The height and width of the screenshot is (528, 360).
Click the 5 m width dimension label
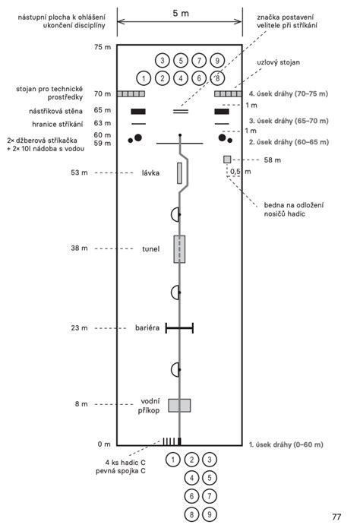tap(181, 14)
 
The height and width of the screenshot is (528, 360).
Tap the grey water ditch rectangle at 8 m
tap(179, 406)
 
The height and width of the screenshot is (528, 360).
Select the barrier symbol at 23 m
tap(179, 328)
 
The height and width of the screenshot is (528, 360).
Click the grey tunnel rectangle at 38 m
tap(179, 249)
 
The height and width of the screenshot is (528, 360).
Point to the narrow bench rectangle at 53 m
tap(179, 173)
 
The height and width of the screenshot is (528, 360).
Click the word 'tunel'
tap(151, 249)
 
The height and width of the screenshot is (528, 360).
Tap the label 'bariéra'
tap(147, 327)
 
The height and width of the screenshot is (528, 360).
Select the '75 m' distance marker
tap(103, 47)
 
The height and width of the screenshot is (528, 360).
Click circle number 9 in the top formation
tap(217, 61)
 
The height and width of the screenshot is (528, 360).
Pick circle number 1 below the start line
tap(173, 460)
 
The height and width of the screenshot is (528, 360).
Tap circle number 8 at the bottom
tap(191, 514)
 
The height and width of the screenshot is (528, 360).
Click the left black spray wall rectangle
tap(138, 112)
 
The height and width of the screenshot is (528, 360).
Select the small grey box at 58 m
tap(227, 160)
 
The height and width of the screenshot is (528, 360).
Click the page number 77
tap(336, 517)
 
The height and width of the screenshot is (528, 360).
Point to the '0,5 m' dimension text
tap(241, 172)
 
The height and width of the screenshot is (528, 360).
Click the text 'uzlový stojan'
tap(278, 62)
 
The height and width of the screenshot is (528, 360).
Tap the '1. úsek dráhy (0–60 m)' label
tap(286, 444)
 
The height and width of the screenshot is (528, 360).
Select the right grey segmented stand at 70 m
tap(229, 93)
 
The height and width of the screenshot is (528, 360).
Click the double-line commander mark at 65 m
tap(181, 112)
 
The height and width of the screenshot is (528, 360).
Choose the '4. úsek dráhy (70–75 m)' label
tap(289, 93)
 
